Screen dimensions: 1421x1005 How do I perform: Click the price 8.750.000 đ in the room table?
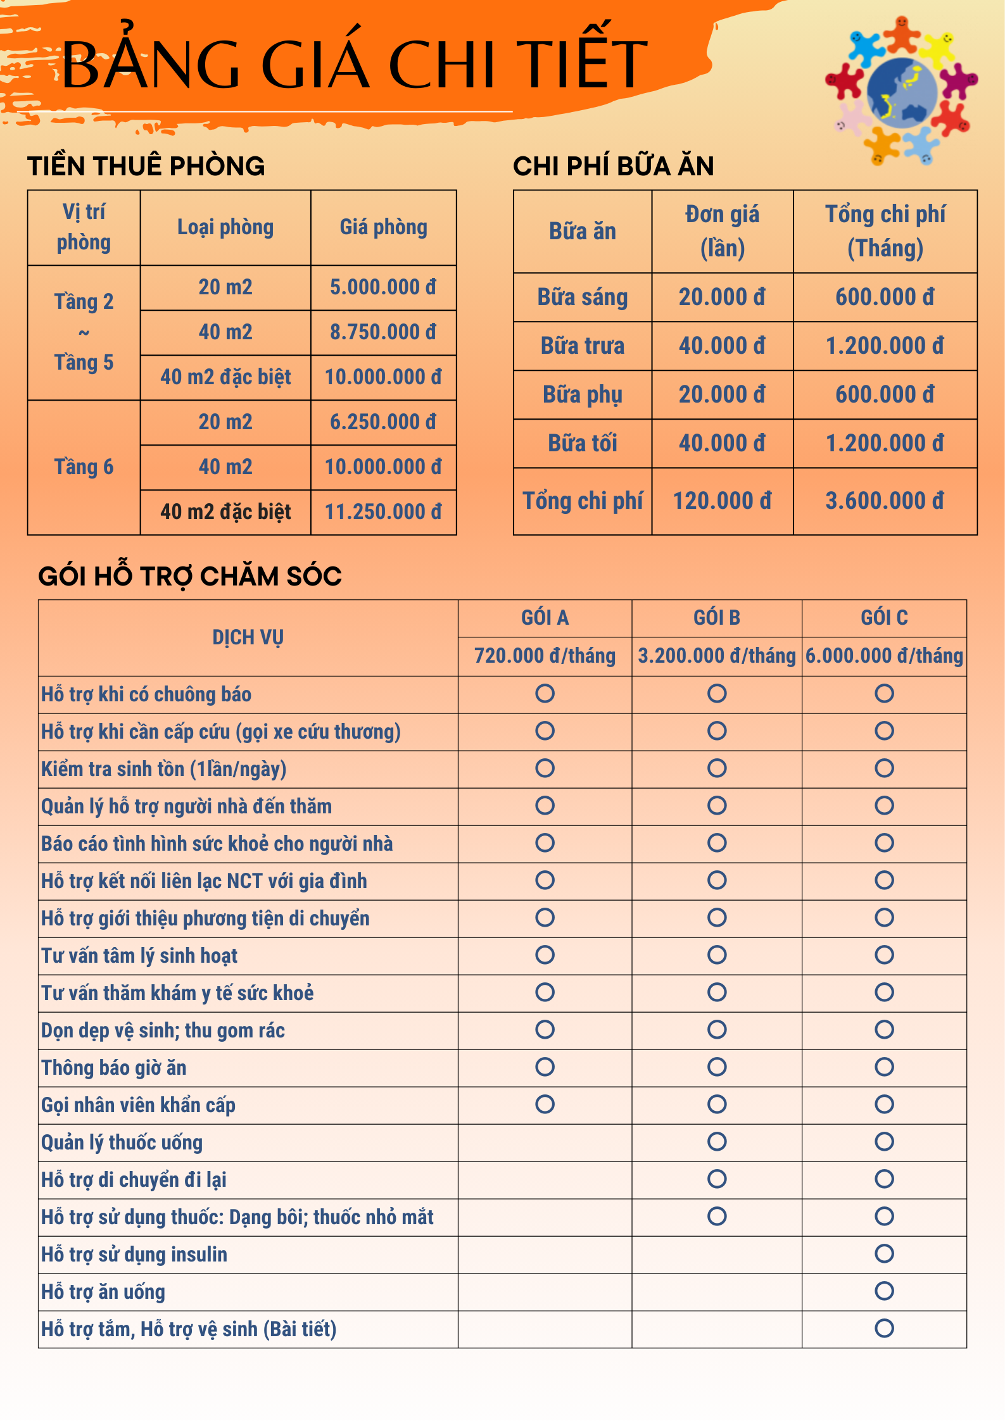point(383,332)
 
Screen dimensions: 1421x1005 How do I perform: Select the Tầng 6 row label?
point(84,467)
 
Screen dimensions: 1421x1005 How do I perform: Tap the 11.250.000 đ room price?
point(383,512)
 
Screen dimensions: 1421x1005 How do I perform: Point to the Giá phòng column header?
point(383,227)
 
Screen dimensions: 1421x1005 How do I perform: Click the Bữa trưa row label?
point(583,346)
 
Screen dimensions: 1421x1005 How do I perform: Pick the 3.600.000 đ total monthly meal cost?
point(885,501)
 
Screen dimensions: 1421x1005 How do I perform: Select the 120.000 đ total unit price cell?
point(722,501)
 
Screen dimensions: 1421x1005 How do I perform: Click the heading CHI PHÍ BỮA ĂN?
point(613,166)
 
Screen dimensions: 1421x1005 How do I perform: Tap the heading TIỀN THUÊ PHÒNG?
point(146,166)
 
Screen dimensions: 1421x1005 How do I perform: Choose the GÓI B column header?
point(717,618)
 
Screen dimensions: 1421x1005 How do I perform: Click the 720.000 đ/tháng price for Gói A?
point(545,656)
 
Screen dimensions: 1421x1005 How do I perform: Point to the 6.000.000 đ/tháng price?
point(884,656)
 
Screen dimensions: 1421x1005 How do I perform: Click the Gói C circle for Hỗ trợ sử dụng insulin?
point(884,1253)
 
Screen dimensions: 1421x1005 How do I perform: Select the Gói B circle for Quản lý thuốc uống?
point(717,1141)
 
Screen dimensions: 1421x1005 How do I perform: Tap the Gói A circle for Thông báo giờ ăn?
point(545,1067)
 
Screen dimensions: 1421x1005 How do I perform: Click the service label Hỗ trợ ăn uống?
point(103,1292)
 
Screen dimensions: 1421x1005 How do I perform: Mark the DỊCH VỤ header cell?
point(248,637)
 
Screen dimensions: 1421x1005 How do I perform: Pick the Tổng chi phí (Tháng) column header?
point(885,231)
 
